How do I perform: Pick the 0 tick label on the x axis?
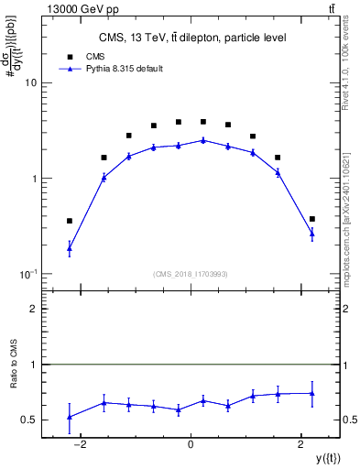(x=191, y=444)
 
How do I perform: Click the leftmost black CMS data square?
(x=70, y=221)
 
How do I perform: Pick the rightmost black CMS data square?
(x=312, y=219)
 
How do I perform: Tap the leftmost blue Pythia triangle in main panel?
(x=70, y=248)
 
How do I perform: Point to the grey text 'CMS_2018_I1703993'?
(x=191, y=273)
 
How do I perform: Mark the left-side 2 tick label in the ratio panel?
(x=32, y=310)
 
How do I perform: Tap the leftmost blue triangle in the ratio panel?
(x=70, y=417)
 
